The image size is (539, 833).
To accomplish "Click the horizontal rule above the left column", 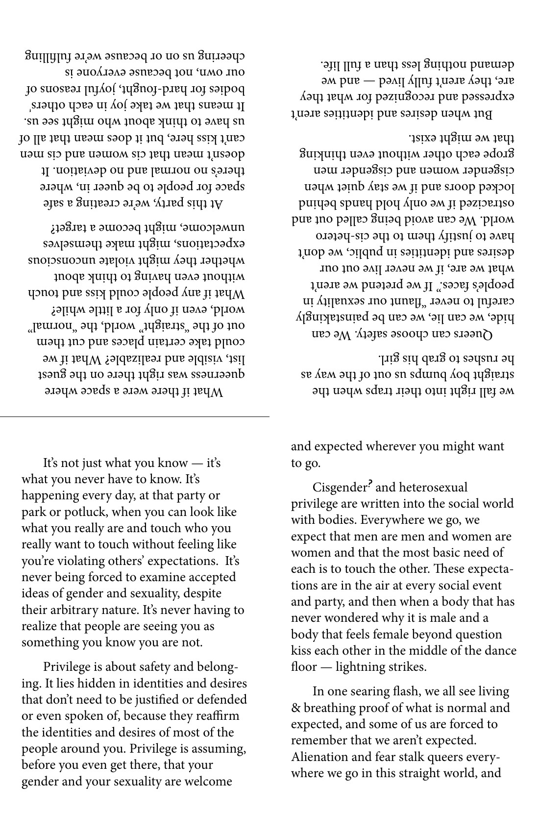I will point(135,416).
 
